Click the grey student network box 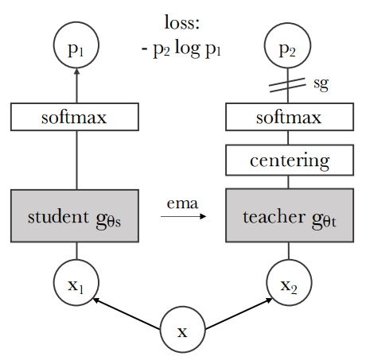[75, 215]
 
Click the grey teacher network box [290, 215]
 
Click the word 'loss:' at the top [182, 22]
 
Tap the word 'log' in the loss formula [187, 48]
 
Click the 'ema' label [182, 203]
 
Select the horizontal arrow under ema [183, 216]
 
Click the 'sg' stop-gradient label [321, 83]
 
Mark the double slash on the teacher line [287, 85]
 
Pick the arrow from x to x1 [127, 314]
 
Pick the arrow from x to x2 [239, 314]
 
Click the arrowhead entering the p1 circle [77, 72]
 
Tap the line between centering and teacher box [288, 182]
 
